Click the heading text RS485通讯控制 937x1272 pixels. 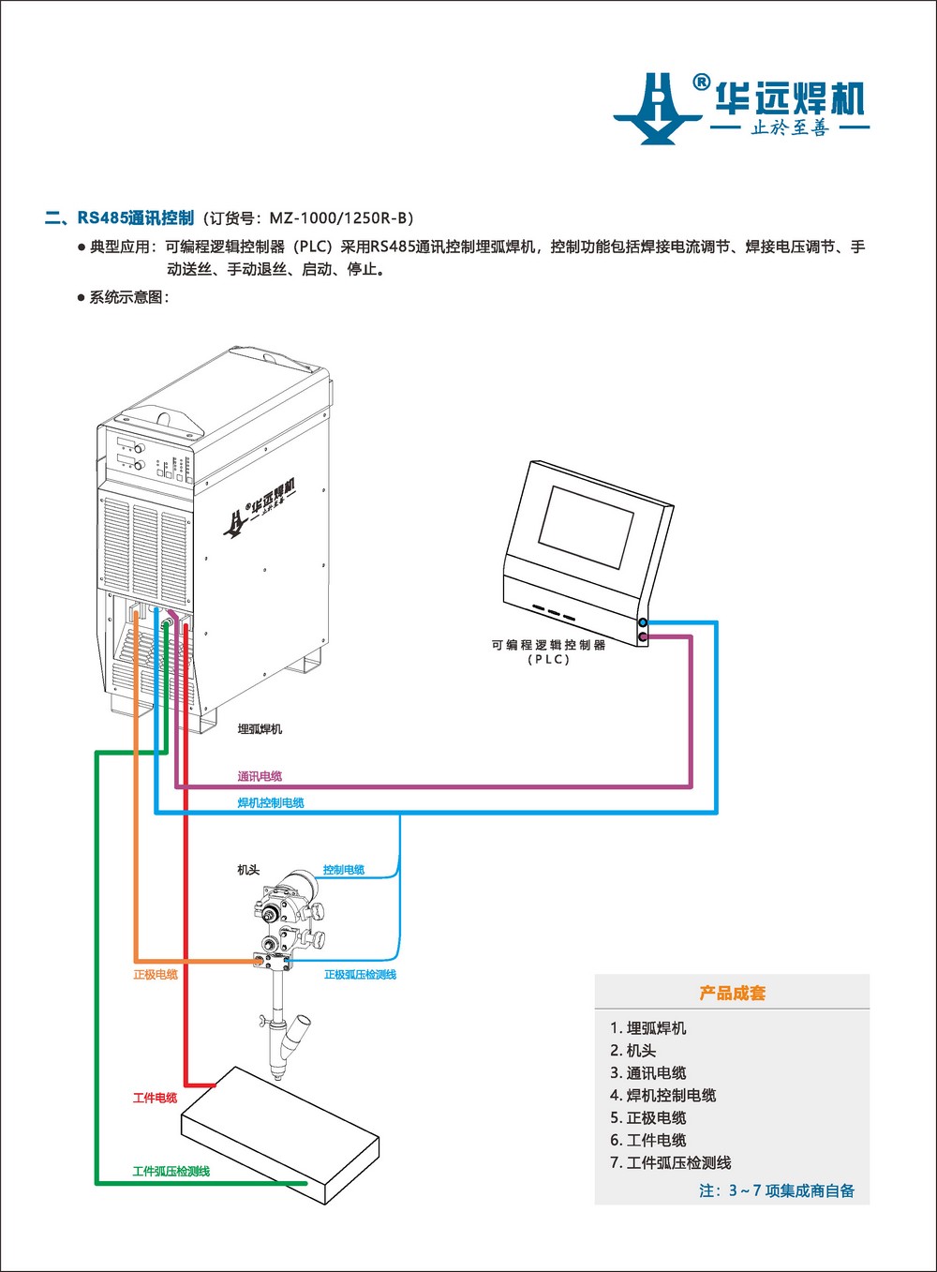point(135,217)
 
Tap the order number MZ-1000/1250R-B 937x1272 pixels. point(340,218)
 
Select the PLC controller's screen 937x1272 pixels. point(587,525)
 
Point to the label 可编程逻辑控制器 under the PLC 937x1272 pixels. point(548,645)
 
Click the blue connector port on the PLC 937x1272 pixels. point(643,622)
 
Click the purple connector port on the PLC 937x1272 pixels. point(643,637)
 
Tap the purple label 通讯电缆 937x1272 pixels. point(260,776)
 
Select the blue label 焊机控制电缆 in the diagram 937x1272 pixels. point(271,802)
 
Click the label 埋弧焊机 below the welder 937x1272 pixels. point(260,728)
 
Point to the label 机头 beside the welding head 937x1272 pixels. point(248,870)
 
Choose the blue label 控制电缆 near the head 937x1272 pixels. point(344,870)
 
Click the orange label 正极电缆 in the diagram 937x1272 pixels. point(156,975)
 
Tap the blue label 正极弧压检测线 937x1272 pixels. point(360,975)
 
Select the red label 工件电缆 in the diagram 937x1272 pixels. point(156,1098)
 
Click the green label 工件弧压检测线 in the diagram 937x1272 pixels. point(171,1171)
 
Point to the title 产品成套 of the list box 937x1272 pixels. point(732,993)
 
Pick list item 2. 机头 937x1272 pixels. point(633,1051)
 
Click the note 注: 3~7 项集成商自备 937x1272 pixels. point(777,1190)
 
